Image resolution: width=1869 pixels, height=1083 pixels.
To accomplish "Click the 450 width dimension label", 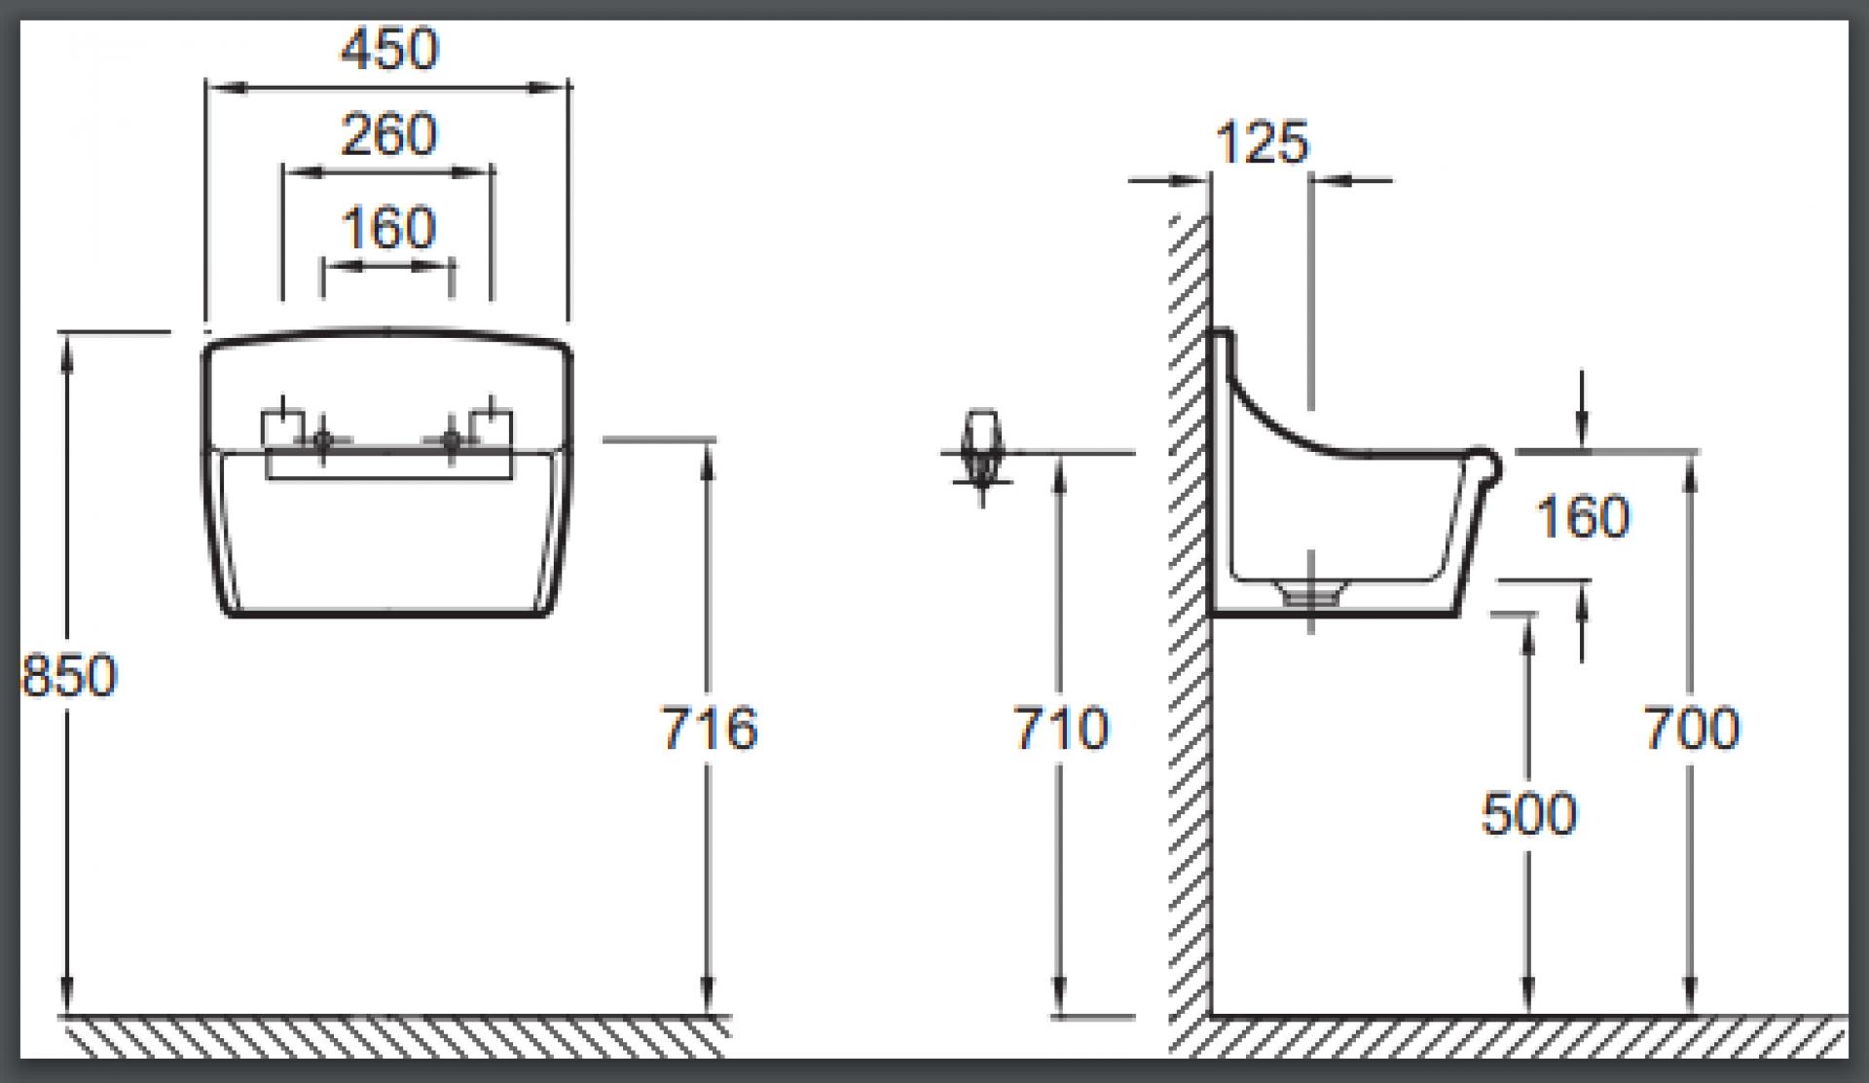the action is coord(389,49).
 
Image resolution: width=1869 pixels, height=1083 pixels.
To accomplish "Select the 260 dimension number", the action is coord(389,134).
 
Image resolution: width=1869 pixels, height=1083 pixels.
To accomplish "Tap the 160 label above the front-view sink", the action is coord(388,228).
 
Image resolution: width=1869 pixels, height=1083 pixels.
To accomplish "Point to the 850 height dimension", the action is coord(69,675).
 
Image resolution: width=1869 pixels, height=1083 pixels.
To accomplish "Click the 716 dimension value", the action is coord(710,728).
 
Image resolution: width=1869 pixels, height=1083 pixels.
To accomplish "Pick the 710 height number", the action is coord(1061,728).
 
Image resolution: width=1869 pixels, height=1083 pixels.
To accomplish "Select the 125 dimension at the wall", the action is coord(1263,143).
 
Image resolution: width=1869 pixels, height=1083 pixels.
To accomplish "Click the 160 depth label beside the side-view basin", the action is coord(1583,516).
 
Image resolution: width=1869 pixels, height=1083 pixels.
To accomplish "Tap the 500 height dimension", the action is coord(1528,814).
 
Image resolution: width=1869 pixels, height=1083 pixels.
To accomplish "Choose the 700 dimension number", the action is coord(1692,728).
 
